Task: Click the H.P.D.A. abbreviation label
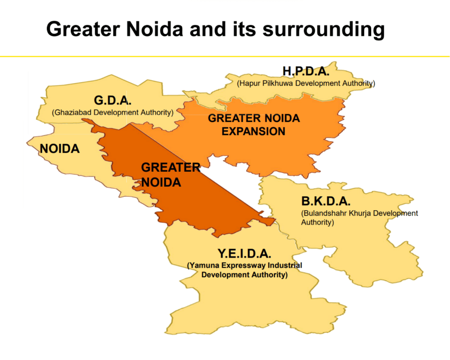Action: (306, 71)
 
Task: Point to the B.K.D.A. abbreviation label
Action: (326, 201)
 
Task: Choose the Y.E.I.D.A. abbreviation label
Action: (244, 253)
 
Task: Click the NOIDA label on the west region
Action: (60, 149)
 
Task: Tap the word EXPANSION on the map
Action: (253, 131)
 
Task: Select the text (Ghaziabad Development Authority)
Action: (113, 113)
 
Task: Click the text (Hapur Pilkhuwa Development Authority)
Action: (306, 83)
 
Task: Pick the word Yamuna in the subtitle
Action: (202, 265)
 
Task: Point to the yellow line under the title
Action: (224, 56)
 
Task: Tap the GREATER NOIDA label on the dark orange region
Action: (170, 174)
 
